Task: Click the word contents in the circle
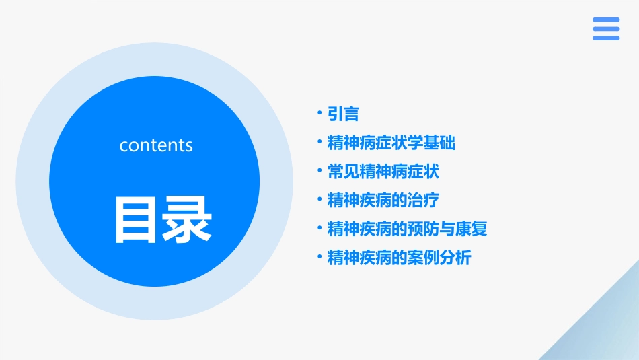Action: coord(155,145)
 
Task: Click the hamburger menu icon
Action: coord(605,29)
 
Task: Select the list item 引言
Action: coord(343,114)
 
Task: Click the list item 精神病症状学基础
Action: coord(391,143)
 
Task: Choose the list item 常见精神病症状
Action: coord(383,172)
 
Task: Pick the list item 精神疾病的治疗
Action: coord(383,200)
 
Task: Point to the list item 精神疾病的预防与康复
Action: coord(407,229)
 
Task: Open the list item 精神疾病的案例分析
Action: coord(399,258)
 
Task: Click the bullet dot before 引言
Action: coord(319,112)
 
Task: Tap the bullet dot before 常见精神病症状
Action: coord(319,169)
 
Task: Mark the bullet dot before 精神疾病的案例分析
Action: coord(319,255)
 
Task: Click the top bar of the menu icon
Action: coord(605,20)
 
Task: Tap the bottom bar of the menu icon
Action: coord(605,38)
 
